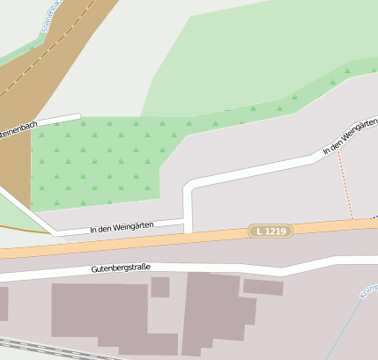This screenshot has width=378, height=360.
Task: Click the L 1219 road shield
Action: [x=270, y=231]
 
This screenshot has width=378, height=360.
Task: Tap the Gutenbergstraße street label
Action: [x=121, y=268]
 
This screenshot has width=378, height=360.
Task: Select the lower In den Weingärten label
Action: [x=122, y=227]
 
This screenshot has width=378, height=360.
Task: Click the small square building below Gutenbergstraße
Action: [x=159, y=287]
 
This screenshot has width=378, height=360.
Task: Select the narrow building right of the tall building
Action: [x=263, y=287]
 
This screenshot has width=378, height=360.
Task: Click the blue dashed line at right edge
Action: [x=374, y=216]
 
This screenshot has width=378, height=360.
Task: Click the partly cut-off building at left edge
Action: [x=4, y=304]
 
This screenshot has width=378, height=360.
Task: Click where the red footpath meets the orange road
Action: [x=352, y=220]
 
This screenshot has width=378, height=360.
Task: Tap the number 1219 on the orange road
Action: [x=275, y=231]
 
